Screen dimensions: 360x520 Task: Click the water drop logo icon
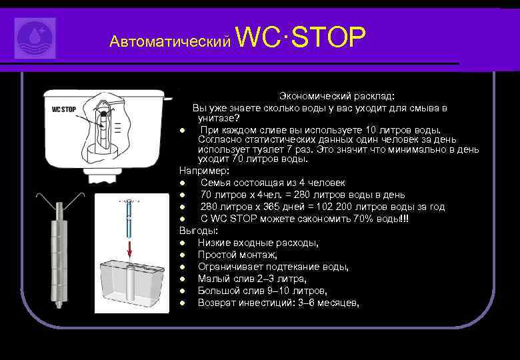[x=35, y=38]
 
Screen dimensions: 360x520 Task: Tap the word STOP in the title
[x=328, y=38]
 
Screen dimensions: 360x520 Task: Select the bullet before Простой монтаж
[x=182, y=255]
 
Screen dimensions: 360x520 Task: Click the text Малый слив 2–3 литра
[x=252, y=279]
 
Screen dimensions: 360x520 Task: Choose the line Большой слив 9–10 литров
[x=262, y=291]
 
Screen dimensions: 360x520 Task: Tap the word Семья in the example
[x=215, y=183]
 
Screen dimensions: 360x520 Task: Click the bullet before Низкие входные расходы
[x=182, y=243]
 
